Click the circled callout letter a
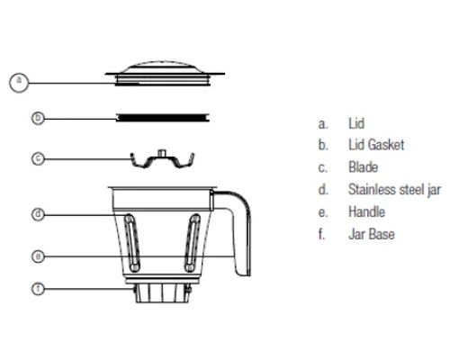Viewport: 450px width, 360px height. tap(19, 83)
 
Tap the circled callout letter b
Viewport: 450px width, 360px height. tap(38, 118)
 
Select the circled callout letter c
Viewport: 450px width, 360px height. tap(38, 158)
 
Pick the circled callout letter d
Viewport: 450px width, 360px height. tap(38, 214)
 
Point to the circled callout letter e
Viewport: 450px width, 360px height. tap(38, 256)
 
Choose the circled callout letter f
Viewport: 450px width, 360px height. tap(38, 289)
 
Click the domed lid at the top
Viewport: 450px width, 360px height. tap(165, 74)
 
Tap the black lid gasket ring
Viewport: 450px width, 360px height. tap(163, 118)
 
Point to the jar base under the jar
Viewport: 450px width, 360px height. tap(162, 292)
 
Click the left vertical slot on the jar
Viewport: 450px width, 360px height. tap(132, 242)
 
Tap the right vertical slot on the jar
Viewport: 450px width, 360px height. tap(193, 242)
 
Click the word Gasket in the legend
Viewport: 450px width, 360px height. tap(386, 145)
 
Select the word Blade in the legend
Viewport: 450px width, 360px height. tap(363, 167)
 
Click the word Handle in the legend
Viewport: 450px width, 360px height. tap(366, 212)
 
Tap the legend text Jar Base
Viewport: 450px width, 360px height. tap(372, 234)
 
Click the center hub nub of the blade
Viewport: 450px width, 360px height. tap(162, 152)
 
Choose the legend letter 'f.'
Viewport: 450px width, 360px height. tap(321, 234)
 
